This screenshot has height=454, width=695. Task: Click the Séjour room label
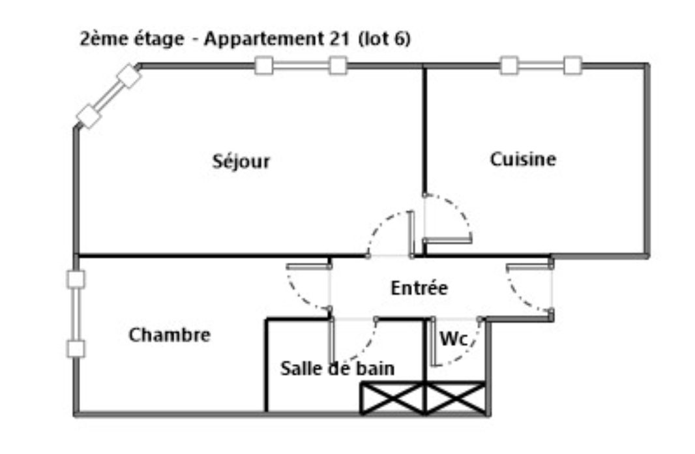241,161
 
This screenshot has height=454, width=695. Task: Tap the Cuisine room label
523,159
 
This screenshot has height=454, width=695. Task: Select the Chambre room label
170,335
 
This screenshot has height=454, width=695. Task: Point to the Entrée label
419,288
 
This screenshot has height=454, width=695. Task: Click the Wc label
453,339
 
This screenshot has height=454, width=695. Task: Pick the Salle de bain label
337,368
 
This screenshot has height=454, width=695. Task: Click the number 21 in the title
340,38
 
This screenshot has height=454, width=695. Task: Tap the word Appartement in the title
265,39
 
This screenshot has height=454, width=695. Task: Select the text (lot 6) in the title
384,38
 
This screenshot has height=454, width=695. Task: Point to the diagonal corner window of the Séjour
109,96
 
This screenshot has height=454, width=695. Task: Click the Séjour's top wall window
301,66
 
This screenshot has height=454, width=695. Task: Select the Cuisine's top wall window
540,66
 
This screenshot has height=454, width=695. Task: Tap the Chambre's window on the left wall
76,314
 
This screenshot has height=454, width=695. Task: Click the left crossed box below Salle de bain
392,399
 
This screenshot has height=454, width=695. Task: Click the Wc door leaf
434,342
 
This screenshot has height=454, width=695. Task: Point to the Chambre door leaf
308,266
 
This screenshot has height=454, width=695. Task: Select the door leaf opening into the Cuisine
447,240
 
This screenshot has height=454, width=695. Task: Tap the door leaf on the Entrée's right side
529,266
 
